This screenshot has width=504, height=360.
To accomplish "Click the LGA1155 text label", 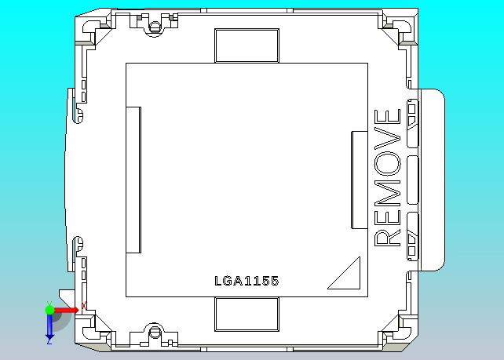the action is tap(247, 281).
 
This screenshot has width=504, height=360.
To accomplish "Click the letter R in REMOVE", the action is tap(388, 238).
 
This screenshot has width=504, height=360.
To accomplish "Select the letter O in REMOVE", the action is tap(388, 163).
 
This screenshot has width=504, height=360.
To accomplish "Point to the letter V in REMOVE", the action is tap(388, 138).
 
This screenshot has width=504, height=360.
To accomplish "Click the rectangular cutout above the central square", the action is tap(247, 45).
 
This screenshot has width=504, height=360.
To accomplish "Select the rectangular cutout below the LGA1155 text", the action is tap(247, 314).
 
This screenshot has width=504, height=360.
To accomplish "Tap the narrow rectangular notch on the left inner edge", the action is tap(133, 180).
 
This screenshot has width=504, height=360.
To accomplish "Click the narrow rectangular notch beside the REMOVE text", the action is tap(360, 180).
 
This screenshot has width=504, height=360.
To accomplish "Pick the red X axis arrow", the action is tap(66, 310).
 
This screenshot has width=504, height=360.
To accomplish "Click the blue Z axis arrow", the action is tap(49, 327).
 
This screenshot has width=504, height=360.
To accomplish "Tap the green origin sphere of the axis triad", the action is tap(49, 310).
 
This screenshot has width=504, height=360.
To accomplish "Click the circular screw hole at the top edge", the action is tap(155, 27).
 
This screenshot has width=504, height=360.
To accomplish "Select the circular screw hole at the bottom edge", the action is tap(155, 332).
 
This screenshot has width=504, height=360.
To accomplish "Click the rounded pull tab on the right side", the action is tap(433, 180).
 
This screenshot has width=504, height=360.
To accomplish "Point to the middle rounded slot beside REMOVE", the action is tap(413, 180).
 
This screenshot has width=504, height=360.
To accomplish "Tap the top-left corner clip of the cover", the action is tap(94, 30).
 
